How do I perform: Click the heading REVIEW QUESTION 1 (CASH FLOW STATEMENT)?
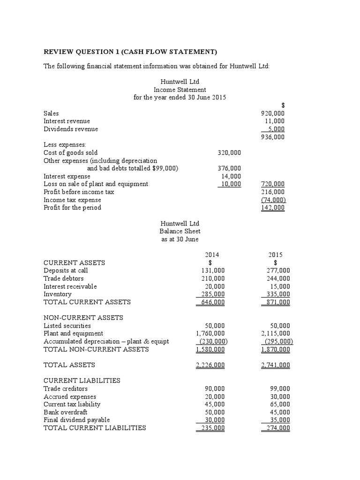pos(130,52)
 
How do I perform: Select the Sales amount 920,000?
pos(272,113)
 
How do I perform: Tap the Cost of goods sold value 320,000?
pos(229,152)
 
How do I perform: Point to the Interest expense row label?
pos(67,176)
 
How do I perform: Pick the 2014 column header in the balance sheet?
pos(212,255)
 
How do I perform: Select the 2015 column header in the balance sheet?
pos(275,255)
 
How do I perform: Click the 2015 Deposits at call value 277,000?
pos(278,270)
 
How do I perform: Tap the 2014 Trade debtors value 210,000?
pos(213,278)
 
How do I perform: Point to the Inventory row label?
pos(58,294)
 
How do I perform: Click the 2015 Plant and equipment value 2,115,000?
pos(275,333)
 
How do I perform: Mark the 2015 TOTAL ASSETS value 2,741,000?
pos(275,365)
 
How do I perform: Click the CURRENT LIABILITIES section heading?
pos(82,380)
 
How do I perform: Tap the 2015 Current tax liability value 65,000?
pos(280,404)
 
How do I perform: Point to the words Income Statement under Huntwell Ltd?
pos(180,90)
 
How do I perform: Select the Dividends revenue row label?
pos(71,129)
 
